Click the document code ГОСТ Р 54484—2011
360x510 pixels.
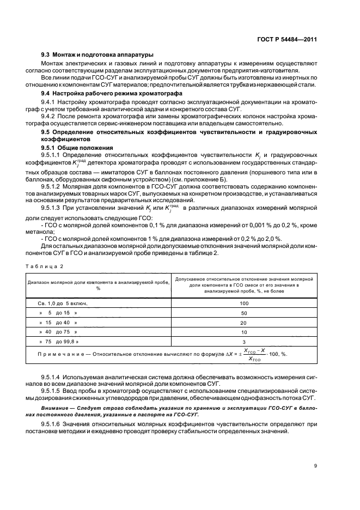click(x=292, y=39)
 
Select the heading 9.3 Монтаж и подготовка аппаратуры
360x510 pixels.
click(x=97, y=54)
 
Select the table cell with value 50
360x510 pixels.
click(x=243, y=313)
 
